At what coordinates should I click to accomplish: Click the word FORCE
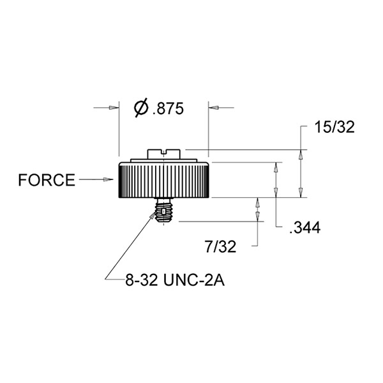tap(46, 180)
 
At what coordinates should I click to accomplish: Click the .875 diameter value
tap(168, 109)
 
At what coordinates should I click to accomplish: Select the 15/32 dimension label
tap(334, 127)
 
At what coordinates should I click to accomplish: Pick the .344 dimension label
tap(304, 227)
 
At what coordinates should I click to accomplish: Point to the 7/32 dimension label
tap(221, 246)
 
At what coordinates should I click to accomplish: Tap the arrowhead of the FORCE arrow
tap(110, 180)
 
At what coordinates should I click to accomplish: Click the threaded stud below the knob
tap(165, 210)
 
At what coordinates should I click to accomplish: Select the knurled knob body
tap(163, 181)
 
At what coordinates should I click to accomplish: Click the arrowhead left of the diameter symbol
tap(114, 108)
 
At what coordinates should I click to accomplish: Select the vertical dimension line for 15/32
tap(302, 172)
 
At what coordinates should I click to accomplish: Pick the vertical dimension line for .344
tap(275, 181)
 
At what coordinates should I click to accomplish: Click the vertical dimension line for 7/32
tap(257, 220)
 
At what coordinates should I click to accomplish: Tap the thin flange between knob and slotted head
tap(163, 160)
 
